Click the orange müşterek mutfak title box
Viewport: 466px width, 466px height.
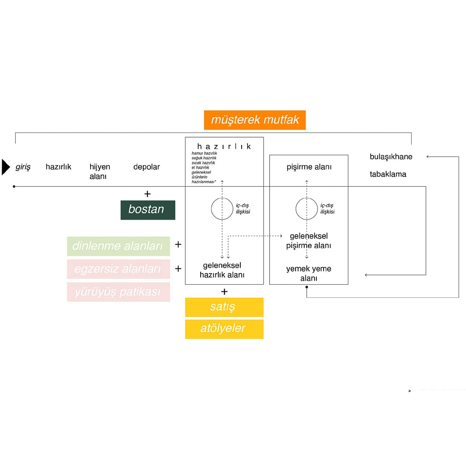point(255,120)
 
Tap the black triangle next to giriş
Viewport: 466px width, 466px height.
point(6,167)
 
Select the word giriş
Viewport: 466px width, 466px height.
point(23,167)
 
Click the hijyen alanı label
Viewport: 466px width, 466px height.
point(100,171)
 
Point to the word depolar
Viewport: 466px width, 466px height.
point(146,167)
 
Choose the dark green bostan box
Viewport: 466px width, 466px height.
point(148,210)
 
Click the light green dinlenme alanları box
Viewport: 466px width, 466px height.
point(118,246)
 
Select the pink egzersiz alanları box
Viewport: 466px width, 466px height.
point(118,269)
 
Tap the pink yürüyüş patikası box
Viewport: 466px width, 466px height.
point(118,292)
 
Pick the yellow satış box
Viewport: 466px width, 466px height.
point(224,307)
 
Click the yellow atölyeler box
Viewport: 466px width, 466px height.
point(224,329)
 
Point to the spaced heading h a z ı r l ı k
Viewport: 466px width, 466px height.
point(224,146)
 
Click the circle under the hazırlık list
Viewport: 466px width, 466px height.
point(222,209)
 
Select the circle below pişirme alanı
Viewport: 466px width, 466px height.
point(307,209)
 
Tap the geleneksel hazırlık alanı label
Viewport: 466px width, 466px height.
point(222,270)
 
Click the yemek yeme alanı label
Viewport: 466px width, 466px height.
point(309,274)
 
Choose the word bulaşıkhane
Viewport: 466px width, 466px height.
point(391,157)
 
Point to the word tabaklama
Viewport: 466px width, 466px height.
point(388,174)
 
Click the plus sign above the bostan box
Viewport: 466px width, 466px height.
point(148,194)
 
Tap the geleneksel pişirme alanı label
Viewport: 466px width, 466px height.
point(309,241)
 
